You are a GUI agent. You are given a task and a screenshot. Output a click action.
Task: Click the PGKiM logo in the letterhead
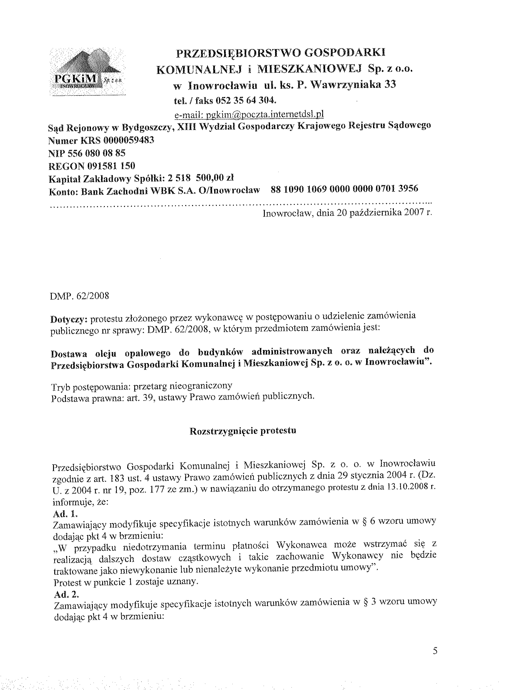[87, 73]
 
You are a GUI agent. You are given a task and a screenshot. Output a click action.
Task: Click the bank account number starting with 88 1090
[344, 189]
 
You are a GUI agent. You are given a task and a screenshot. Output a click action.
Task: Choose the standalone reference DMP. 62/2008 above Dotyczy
[79, 296]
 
